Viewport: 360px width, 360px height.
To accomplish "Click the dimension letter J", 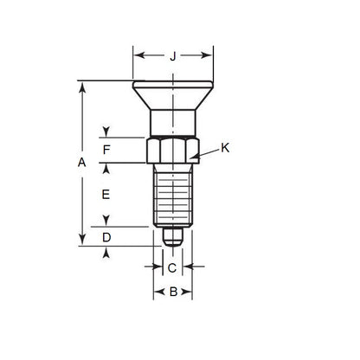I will point(172,57).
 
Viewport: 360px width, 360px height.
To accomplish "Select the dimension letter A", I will point(82,163).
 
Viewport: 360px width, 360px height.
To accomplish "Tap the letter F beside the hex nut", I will point(106,150).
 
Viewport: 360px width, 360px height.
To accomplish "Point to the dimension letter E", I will point(106,195).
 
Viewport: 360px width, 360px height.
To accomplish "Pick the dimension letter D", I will point(106,236).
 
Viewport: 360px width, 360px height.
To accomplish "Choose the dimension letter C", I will point(172,268).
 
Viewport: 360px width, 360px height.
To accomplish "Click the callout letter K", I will point(225,148).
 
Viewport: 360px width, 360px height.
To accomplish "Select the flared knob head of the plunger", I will point(172,94).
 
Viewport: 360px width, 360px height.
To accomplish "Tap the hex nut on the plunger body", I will point(172,151).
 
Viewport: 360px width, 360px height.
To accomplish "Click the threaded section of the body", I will point(172,195).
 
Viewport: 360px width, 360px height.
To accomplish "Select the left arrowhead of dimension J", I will point(136,57).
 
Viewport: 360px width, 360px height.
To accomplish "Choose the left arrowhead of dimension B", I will point(157,292).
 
